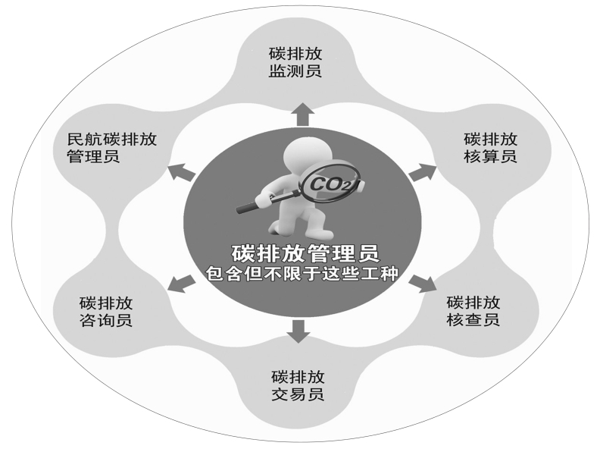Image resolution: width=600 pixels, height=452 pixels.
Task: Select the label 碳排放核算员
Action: [x=490, y=148]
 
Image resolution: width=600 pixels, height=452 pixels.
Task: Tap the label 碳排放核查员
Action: [x=473, y=309]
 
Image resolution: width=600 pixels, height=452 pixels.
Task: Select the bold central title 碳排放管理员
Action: [x=300, y=251]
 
